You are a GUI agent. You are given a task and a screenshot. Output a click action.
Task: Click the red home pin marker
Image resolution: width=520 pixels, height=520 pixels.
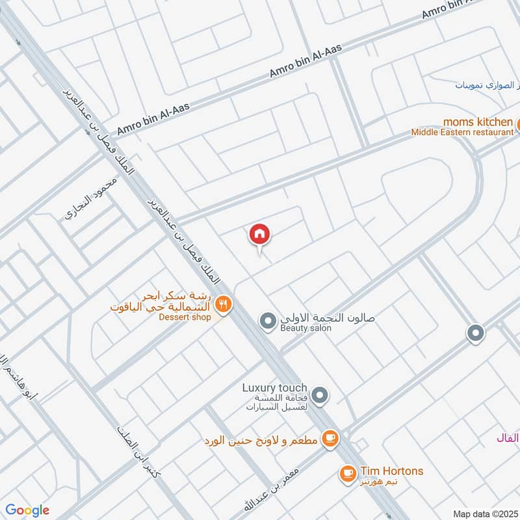pyautogui.click(x=259, y=234)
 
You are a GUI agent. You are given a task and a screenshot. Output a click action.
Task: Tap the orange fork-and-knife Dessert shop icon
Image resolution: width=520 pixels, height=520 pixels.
pyautogui.click(x=224, y=304)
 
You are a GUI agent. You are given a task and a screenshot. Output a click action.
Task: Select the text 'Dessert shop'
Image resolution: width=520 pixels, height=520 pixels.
pyautogui.click(x=185, y=317)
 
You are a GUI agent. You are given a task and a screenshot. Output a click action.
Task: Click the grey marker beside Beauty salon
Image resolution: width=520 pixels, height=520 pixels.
pyautogui.click(x=267, y=320)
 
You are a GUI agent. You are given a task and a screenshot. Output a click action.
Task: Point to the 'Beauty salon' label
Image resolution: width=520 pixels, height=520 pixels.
pyautogui.click(x=306, y=329)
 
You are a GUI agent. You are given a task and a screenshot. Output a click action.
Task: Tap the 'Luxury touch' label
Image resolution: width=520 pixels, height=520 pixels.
pyautogui.click(x=274, y=387)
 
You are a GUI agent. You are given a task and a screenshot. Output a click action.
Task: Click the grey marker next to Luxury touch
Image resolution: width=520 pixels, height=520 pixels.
pyautogui.click(x=319, y=395)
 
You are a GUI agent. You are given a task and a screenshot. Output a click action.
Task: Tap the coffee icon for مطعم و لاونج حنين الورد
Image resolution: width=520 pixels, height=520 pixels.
pyautogui.click(x=331, y=439)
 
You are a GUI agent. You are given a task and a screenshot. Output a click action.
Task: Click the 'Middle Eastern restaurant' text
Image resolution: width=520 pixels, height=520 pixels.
pyautogui.click(x=462, y=133)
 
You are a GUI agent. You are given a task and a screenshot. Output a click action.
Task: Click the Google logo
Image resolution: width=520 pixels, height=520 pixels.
pyautogui.click(x=27, y=510)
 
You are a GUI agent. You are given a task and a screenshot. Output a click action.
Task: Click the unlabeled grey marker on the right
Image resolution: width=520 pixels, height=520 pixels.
pyautogui.click(x=476, y=333)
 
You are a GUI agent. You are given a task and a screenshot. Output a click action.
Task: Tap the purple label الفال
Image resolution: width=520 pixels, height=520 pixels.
pyautogui.click(x=508, y=438)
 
